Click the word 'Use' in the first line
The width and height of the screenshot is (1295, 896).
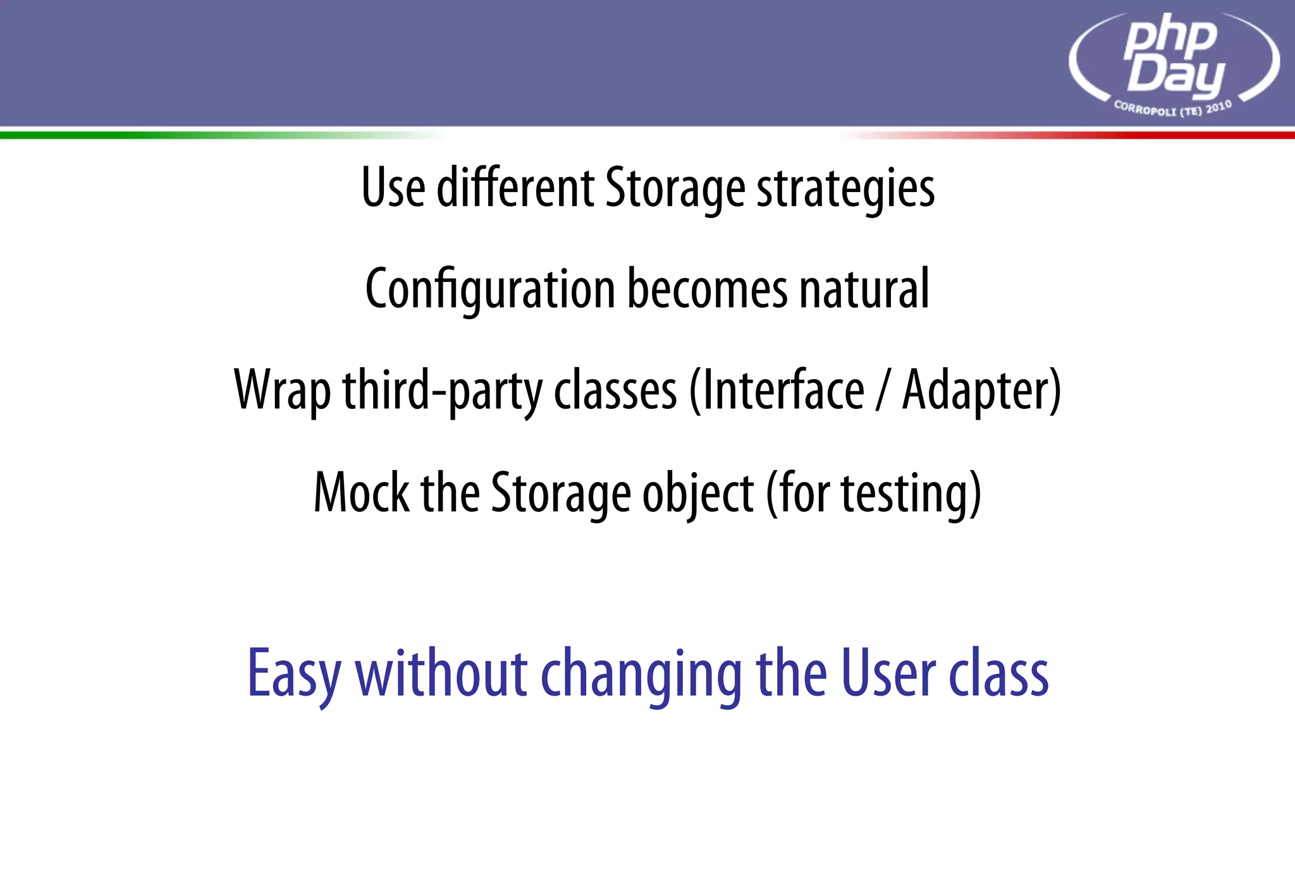point(393,188)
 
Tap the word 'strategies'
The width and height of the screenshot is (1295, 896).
point(845,189)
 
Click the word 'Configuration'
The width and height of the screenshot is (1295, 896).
point(489,289)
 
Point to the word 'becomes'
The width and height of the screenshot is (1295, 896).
point(707,289)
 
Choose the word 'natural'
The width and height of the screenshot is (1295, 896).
point(864,289)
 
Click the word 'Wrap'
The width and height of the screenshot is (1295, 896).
point(282,391)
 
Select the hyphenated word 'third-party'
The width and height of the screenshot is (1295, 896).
point(442,391)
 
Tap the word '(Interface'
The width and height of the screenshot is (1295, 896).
point(776,390)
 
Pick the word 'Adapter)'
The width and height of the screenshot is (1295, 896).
point(981,391)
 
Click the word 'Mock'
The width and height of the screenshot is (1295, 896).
point(361,492)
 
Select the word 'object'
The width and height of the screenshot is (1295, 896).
point(697,493)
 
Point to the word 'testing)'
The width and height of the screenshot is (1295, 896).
point(911,493)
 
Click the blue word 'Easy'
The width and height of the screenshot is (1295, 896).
point(294,674)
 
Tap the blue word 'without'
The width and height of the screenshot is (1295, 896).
point(441,673)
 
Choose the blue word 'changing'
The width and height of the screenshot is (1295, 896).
point(641,674)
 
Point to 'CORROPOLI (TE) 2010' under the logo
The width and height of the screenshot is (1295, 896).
point(1172,109)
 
